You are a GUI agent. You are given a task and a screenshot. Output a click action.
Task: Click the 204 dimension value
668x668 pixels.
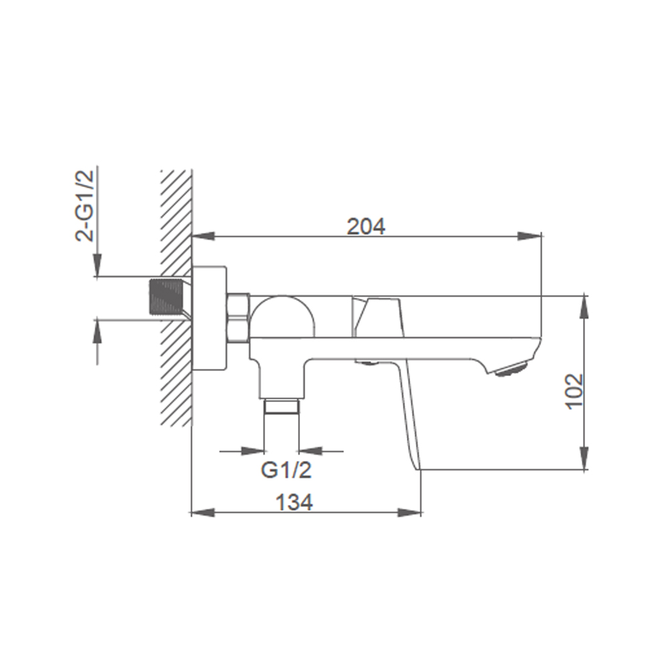click(366, 226)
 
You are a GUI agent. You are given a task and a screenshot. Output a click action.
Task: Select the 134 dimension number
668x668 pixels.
click(294, 502)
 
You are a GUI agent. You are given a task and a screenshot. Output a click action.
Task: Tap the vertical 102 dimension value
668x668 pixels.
click(574, 391)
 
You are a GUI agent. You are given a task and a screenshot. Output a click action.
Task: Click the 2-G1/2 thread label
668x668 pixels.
click(84, 206)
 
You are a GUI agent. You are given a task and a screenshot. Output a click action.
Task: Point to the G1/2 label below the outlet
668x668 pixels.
click(287, 470)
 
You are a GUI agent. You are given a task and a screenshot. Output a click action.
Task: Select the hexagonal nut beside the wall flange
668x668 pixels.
click(238, 317)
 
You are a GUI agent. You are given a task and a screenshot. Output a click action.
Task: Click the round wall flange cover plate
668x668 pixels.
click(209, 318)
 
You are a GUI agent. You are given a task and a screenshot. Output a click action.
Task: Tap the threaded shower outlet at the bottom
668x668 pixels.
click(281, 406)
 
